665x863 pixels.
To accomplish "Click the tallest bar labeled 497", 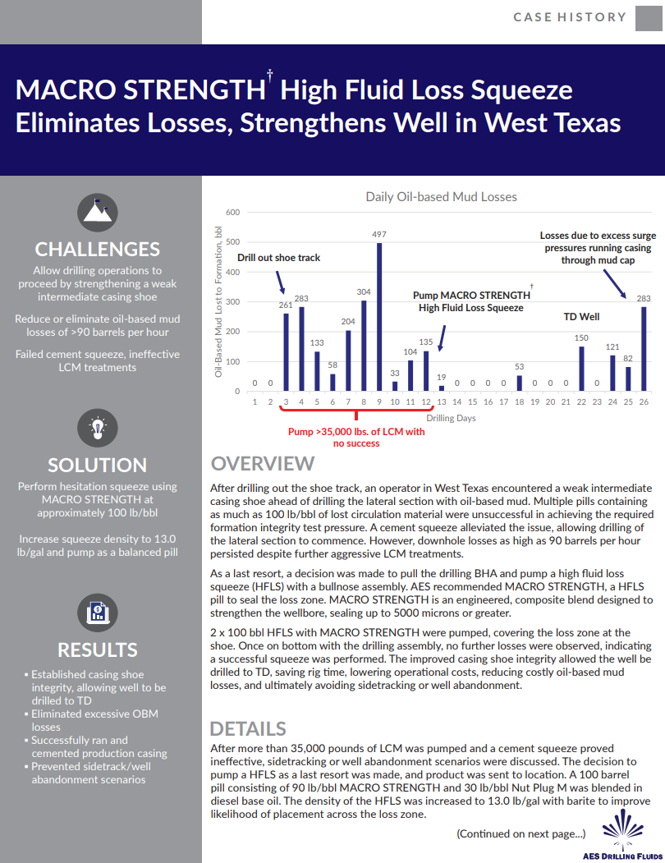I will point(379,317).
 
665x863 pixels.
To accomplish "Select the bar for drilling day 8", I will point(364,346).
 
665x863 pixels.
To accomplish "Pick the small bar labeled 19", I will point(442,388).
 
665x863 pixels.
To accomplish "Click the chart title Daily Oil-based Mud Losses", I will point(441,196).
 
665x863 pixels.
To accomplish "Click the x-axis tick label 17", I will point(503,402).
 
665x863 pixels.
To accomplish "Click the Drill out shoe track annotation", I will point(278,258).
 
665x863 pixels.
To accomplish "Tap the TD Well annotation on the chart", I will point(581,316).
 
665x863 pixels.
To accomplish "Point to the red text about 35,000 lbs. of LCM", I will point(356,437).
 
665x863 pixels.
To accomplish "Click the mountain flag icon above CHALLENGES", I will point(97,211).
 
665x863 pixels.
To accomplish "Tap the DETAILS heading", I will point(248,728).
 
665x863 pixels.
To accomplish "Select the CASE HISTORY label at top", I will point(569,17).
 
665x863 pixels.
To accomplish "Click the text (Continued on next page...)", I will point(521,833).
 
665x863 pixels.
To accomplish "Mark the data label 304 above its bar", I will point(364,291).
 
